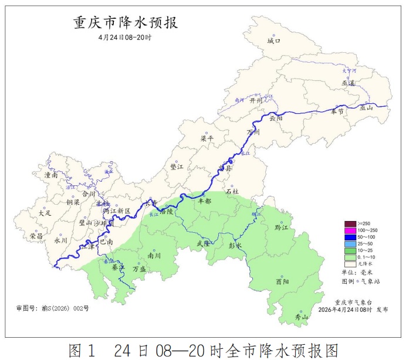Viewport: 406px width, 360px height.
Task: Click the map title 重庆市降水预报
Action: [x=126, y=22]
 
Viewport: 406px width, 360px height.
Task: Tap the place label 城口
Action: [x=274, y=41]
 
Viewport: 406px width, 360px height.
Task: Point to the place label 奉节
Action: [x=337, y=111]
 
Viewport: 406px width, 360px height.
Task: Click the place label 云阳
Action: [x=276, y=118]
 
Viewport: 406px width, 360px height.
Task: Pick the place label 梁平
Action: [x=208, y=139]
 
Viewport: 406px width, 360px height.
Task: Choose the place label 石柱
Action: [x=232, y=191]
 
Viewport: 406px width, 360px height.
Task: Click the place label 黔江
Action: [x=282, y=227]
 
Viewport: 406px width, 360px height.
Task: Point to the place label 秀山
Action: [x=301, y=317]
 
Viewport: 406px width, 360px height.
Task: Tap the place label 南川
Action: [x=154, y=255]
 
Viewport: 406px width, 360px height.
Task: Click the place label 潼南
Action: [x=52, y=175]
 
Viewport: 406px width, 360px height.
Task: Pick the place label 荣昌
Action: [x=36, y=236]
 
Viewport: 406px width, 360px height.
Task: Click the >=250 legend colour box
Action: [x=350, y=224]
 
